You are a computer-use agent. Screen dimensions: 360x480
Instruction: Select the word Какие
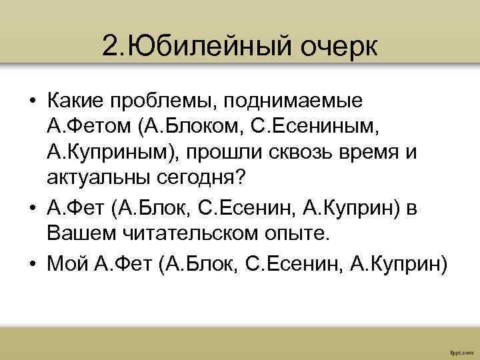(77, 101)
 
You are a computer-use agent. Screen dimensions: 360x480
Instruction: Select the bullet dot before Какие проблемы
(33, 102)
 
